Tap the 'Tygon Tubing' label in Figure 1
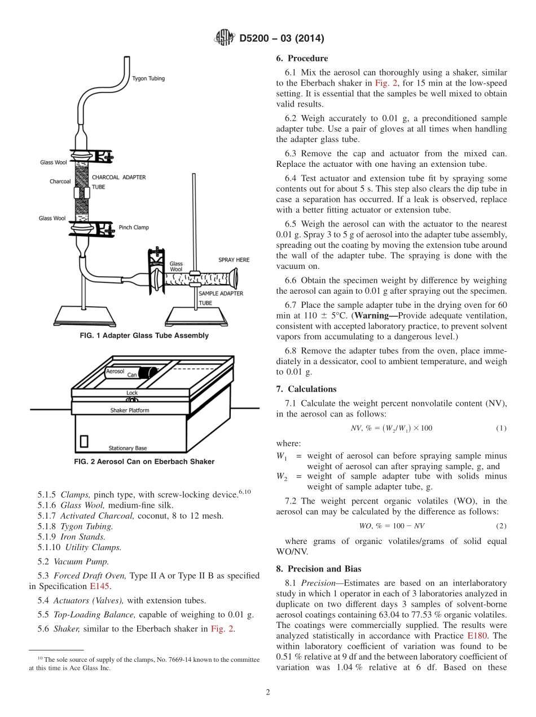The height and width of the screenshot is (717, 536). pyautogui.click(x=148, y=78)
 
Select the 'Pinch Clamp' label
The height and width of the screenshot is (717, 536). pyautogui.click(x=134, y=228)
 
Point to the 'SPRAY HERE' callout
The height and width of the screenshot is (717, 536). pyautogui.click(x=234, y=260)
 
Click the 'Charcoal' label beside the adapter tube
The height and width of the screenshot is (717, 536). pyautogui.click(x=60, y=182)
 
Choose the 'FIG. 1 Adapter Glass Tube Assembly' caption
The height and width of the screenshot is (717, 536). pyautogui.click(x=144, y=335)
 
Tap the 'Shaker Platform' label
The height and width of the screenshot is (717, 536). pyautogui.click(x=129, y=410)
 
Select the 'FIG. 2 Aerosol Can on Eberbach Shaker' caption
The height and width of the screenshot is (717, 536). pyautogui.click(x=144, y=462)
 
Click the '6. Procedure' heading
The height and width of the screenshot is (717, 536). pyautogui.click(x=302, y=59)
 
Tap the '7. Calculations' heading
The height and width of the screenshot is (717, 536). pyautogui.click(x=306, y=389)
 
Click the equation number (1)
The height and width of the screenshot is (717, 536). pyautogui.click(x=501, y=428)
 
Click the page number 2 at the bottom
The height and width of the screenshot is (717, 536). pyautogui.click(x=268, y=693)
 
